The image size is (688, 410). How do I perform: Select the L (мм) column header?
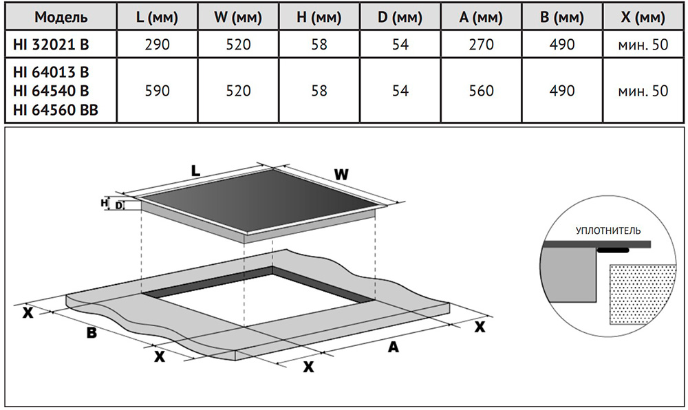(155, 17)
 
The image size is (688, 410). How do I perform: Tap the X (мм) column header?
(643, 17)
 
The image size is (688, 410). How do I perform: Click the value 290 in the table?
(155, 45)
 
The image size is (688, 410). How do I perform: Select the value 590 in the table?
(155, 91)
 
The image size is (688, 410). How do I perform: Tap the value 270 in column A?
(481, 45)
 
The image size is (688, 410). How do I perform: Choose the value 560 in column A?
(481, 91)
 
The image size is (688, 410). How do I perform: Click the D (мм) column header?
(398, 17)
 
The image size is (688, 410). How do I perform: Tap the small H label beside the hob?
(105, 202)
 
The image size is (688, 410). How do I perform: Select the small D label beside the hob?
(118, 205)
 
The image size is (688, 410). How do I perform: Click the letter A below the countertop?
(393, 347)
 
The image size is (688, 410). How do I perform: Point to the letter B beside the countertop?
(90, 334)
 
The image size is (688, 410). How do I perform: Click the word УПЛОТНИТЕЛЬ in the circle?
(608, 230)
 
